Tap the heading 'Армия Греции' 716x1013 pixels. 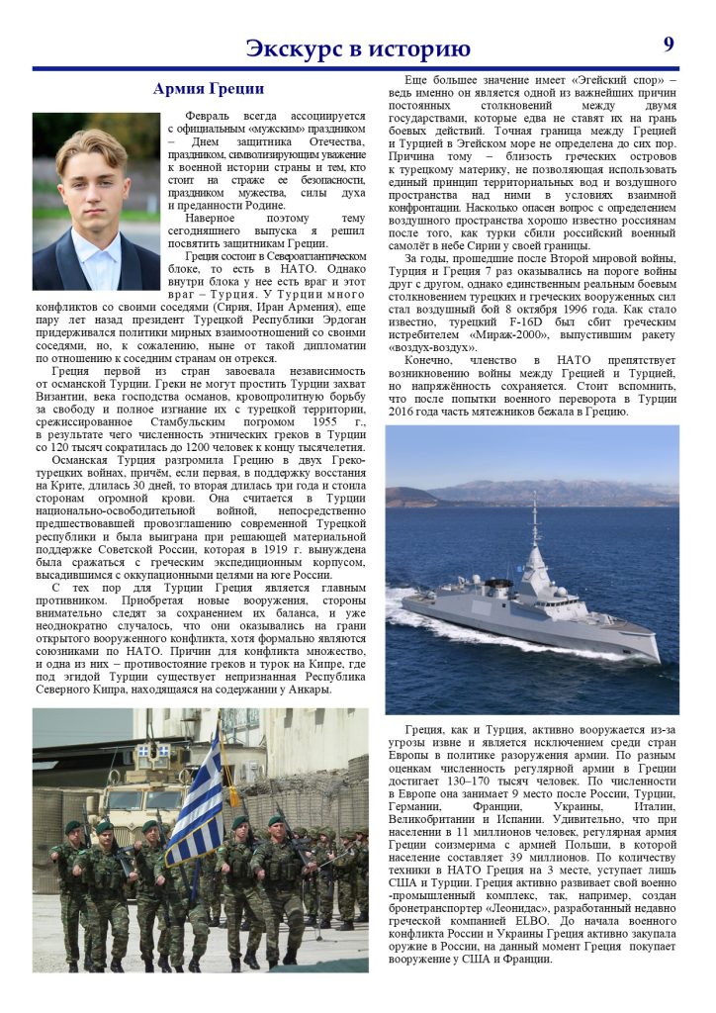coord(208,89)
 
